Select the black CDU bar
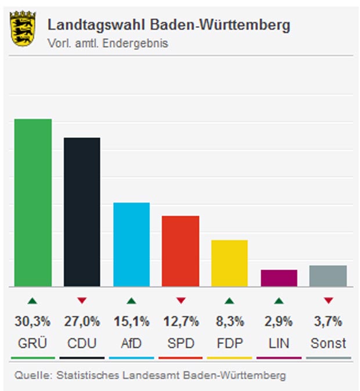[82, 211]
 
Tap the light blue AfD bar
[131, 244]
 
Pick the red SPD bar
[181, 251]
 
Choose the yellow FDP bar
[229, 263]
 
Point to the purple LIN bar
[279, 278]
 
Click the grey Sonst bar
[328, 275]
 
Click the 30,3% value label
[33, 321]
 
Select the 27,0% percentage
[82, 321]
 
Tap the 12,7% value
[181, 321]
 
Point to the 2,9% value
[279, 321]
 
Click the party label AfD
[131, 343]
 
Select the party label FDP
[229, 343]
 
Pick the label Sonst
[328, 343]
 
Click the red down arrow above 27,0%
[82, 300]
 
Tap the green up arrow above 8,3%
[229, 300]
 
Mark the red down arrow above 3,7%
[328, 300]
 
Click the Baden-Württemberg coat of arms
[23, 30]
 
